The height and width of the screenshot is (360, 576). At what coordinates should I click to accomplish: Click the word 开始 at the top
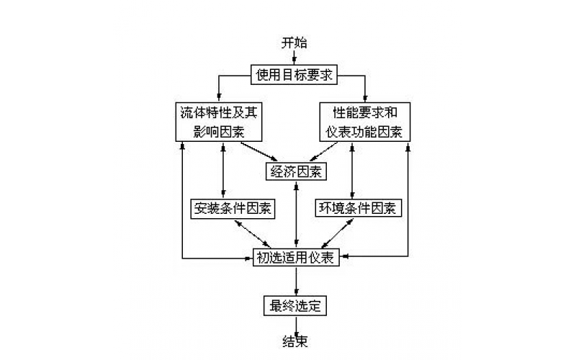(x=294, y=42)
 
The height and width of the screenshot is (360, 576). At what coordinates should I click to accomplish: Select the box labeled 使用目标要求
(x=294, y=73)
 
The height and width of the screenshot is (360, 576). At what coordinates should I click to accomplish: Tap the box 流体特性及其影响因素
(x=218, y=122)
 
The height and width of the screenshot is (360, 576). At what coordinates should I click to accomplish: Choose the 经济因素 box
(x=295, y=171)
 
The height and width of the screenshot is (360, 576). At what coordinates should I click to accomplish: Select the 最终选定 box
(x=294, y=305)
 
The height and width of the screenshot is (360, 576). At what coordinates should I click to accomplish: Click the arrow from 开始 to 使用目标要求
(x=294, y=58)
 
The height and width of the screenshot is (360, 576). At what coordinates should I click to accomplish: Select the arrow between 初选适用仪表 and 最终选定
(x=295, y=282)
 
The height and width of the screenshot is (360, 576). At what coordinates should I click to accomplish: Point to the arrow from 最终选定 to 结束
(x=295, y=324)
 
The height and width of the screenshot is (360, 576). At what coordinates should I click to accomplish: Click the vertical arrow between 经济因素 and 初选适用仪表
(x=295, y=215)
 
